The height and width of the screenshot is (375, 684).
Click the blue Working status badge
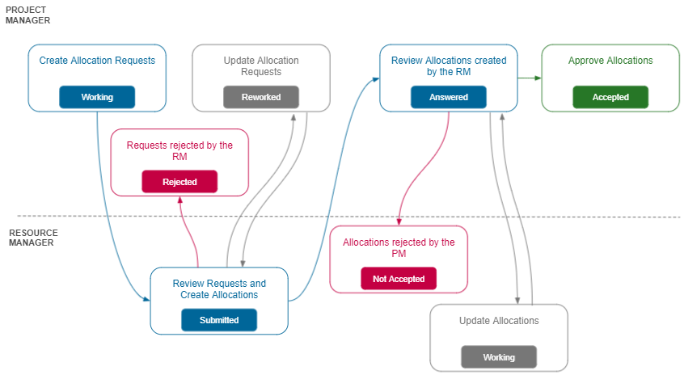tap(97, 97)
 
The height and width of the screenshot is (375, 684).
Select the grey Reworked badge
tap(261, 97)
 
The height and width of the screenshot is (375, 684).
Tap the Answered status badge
tap(449, 97)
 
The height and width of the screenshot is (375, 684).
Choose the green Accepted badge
tap(610, 97)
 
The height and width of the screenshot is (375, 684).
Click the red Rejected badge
tap(179, 182)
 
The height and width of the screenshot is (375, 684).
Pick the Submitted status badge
tap(219, 320)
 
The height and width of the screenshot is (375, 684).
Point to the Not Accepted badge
tap(399, 279)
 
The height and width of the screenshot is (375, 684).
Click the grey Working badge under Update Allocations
tap(499, 356)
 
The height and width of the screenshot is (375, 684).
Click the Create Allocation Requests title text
tap(97, 61)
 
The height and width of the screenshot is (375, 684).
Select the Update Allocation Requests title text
tap(261, 66)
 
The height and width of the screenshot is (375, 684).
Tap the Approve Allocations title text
tap(610, 61)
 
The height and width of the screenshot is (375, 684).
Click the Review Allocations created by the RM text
tap(449, 66)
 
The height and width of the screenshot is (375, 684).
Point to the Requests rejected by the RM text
tap(179, 151)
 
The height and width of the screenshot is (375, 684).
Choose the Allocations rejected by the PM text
tap(399, 247)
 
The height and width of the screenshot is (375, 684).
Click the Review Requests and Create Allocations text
tap(219, 289)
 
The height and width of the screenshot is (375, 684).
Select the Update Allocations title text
tap(499, 321)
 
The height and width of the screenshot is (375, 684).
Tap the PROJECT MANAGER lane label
tap(27, 15)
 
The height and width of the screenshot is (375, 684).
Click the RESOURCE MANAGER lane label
tap(31, 238)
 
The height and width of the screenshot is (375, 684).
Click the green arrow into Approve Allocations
tap(529, 78)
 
